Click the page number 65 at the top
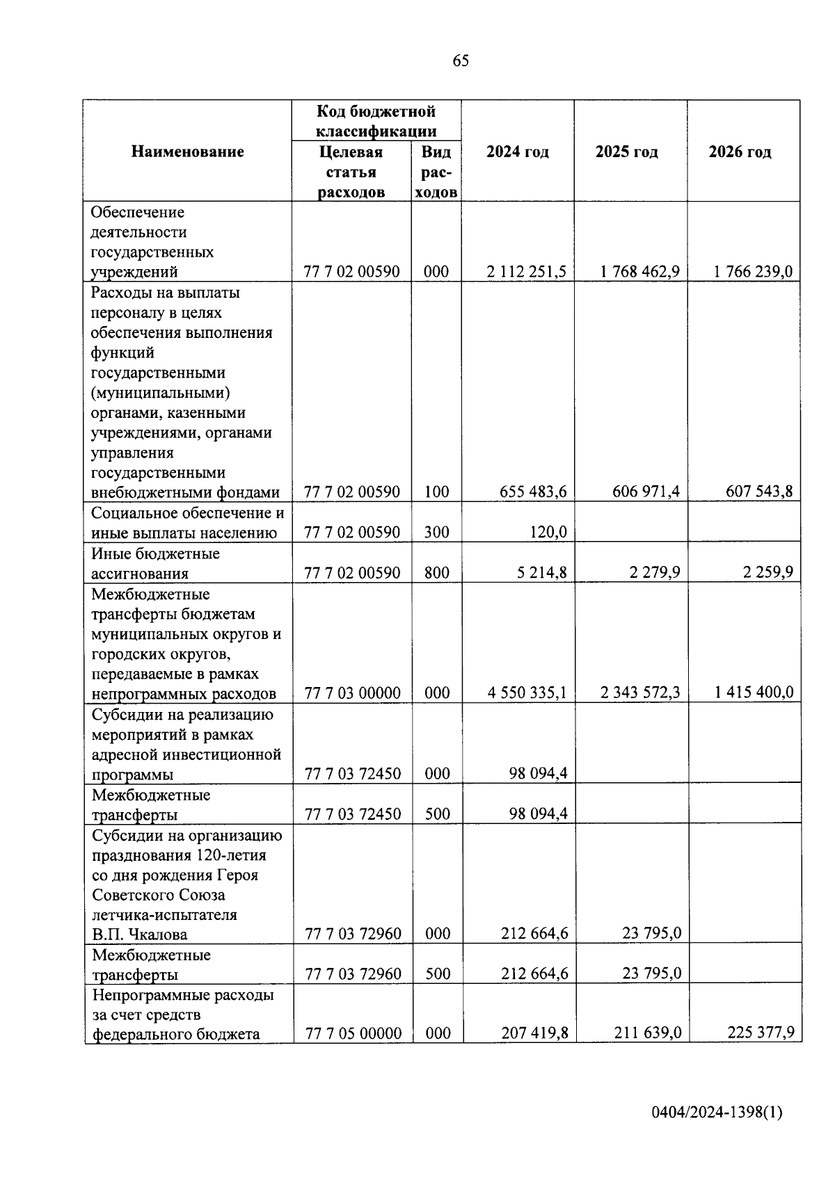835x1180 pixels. click(461, 61)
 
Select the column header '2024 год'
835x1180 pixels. click(517, 152)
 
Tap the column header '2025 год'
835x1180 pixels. click(626, 152)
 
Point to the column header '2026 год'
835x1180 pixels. click(740, 152)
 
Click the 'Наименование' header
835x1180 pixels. click(188, 152)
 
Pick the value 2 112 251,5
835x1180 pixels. click(527, 272)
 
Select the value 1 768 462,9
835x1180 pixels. click(640, 272)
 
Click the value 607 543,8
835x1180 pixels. click(758, 492)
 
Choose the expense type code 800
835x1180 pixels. click(436, 573)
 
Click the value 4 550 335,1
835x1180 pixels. click(527, 693)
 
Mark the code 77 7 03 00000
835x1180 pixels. click(353, 693)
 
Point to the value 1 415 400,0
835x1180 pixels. click(754, 693)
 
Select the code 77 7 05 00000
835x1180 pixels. click(353, 1034)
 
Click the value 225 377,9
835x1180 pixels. click(761, 1033)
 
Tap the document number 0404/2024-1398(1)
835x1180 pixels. click(717, 1113)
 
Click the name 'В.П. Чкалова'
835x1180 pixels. click(140, 934)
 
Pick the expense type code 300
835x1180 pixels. click(436, 533)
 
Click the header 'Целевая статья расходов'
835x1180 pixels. click(351, 172)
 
